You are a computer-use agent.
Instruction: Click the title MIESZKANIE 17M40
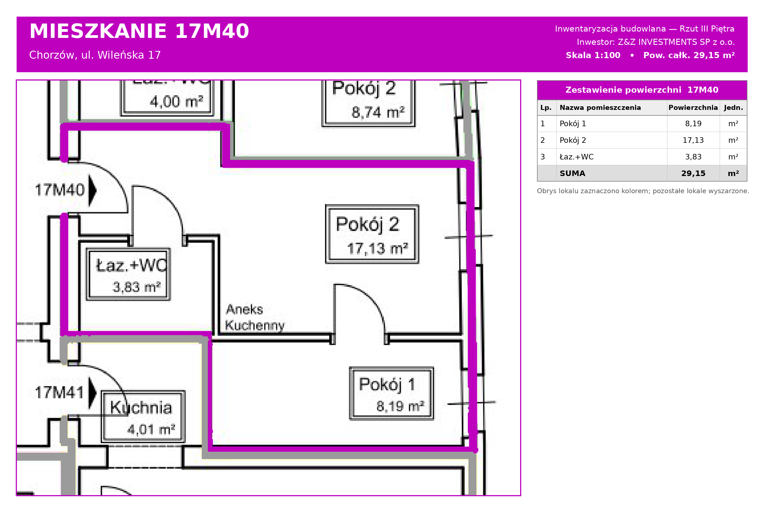pos(139,31)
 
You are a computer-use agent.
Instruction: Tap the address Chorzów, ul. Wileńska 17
pos(95,55)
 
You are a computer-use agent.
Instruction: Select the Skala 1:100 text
pos(593,55)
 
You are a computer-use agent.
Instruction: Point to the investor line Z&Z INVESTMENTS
pos(655,42)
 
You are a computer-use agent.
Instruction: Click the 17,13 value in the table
pos(693,140)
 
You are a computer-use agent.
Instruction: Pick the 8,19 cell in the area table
pos(693,123)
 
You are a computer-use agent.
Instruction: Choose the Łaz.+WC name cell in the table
pos(576,157)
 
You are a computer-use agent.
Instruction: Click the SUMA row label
pos(572,173)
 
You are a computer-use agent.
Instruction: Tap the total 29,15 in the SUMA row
pos(693,173)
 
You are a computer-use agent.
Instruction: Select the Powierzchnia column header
pos(693,107)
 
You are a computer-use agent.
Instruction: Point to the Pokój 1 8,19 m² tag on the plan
pos(391,393)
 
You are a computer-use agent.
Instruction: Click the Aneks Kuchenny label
pos(255,317)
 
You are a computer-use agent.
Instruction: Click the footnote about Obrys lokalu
pos(643,191)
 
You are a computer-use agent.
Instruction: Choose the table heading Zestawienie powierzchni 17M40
pos(642,90)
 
